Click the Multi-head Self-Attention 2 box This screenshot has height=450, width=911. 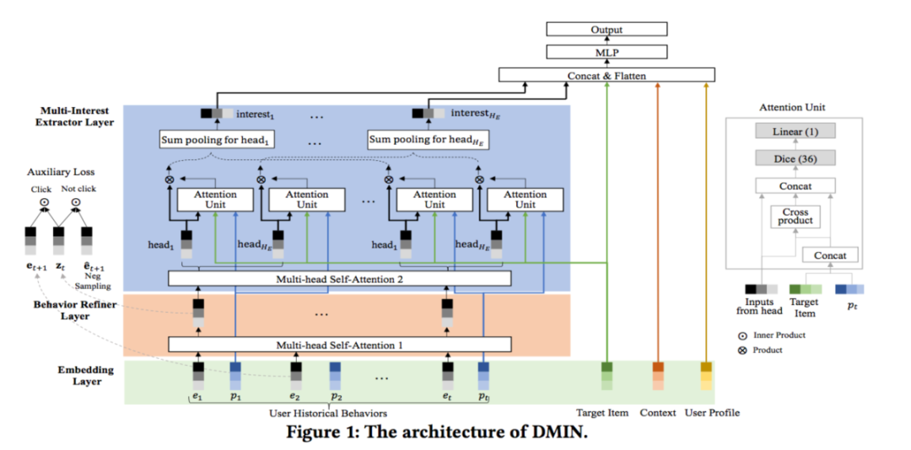click(x=339, y=278)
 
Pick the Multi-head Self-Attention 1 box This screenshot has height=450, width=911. click(x=339, y=344)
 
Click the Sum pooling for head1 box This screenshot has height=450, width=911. click(x=218, y=139)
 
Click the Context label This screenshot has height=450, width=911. click(x=658, y=413)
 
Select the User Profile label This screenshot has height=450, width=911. click(x=712, y=413)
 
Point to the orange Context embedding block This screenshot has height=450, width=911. click(x=658, y=377)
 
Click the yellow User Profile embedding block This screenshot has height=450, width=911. click(x=707, y=377)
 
